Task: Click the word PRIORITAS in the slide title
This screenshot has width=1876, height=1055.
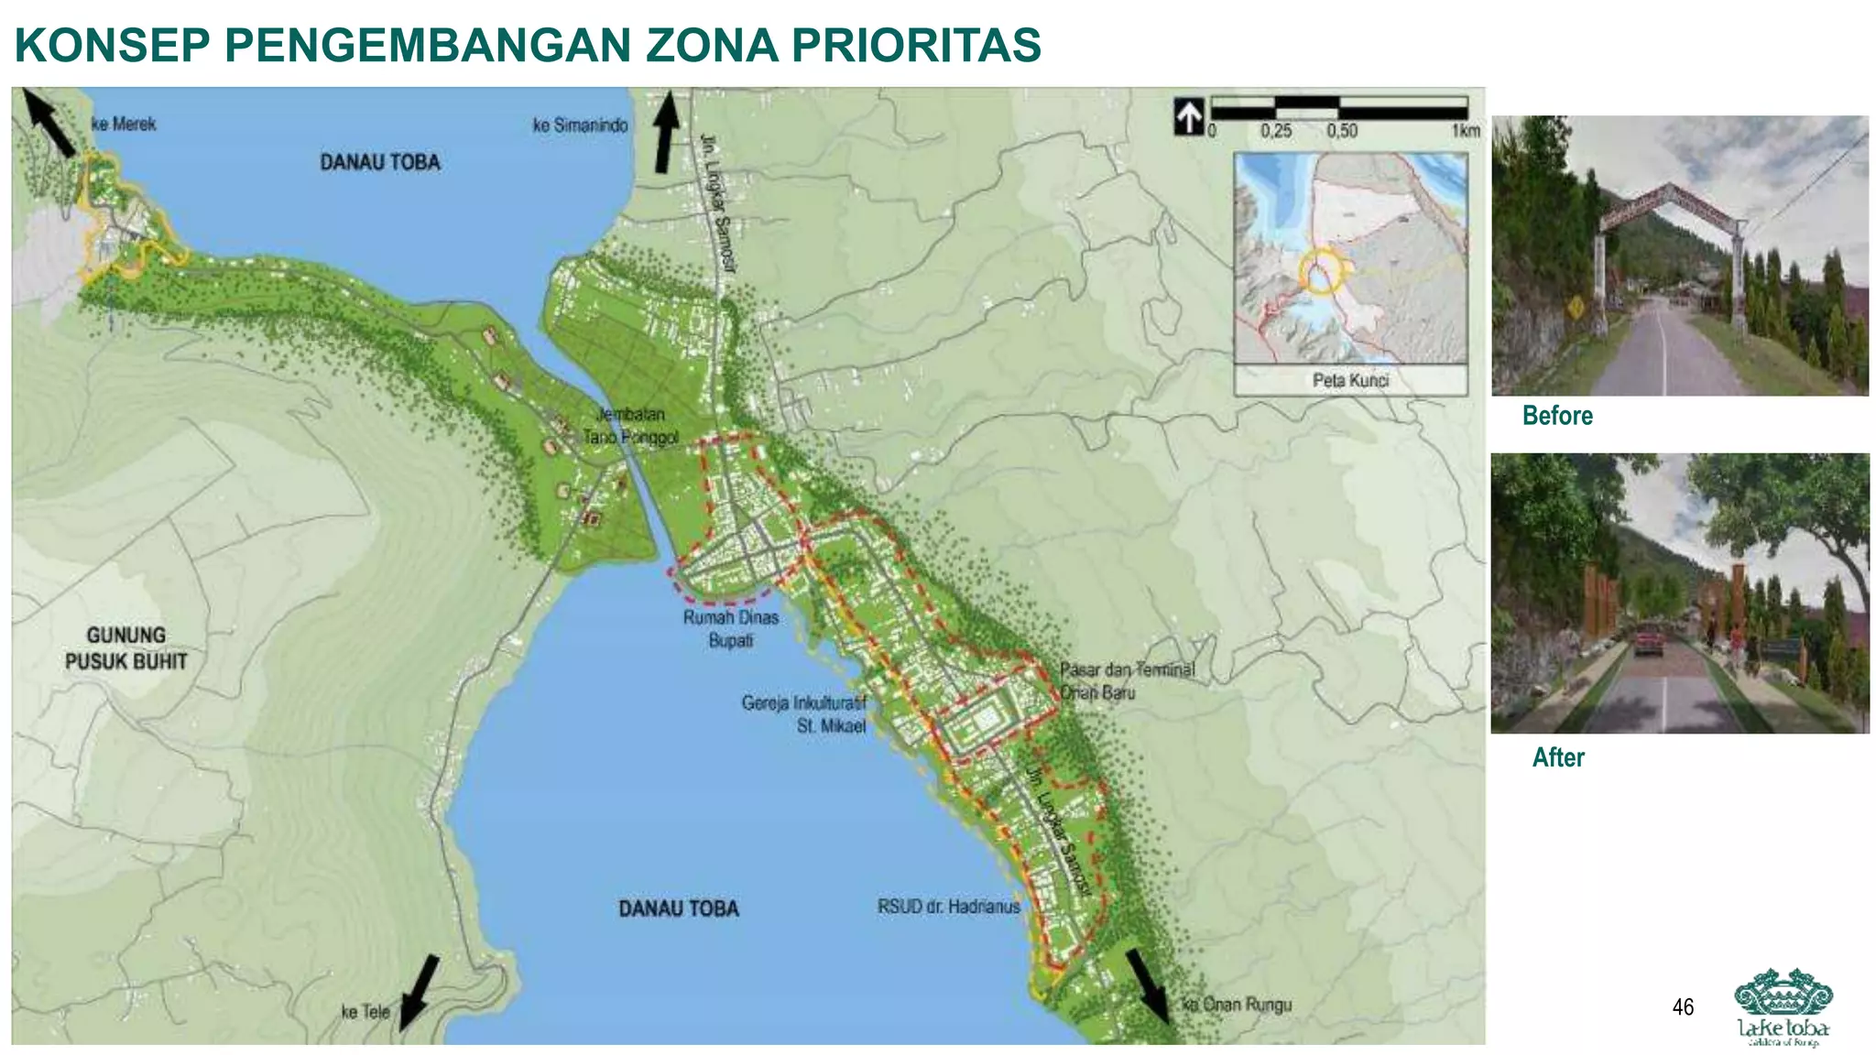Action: point(915,46)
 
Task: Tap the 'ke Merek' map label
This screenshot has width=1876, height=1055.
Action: point(125,125)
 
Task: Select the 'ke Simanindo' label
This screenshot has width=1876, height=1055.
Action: point(581,125)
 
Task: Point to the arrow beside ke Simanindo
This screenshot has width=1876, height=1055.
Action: point(666,133)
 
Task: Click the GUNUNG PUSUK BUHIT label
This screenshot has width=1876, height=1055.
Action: point(126,648)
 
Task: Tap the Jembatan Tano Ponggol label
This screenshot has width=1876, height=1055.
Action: point(631,426)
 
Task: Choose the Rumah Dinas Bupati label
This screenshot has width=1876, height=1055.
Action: point(730,629)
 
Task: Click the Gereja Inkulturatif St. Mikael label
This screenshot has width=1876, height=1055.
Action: point(803,714)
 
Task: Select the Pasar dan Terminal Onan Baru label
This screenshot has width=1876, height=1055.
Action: point(1127,681)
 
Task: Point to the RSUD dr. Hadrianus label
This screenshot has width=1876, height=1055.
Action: point(948,907)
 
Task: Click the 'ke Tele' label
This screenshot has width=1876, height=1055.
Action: point(365,1012)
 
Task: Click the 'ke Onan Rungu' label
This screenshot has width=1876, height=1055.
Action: point(1237,1005)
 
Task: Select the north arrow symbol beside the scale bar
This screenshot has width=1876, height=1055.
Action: point(1189,117)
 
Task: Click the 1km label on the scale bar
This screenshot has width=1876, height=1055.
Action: point(1466,131)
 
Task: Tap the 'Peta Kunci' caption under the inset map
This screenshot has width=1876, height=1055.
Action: point(1350,380)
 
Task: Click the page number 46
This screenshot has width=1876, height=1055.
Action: point(1683,1007)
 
